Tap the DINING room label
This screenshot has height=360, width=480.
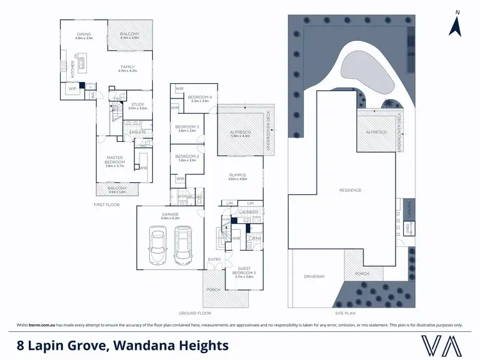84,35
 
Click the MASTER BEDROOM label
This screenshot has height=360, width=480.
116,160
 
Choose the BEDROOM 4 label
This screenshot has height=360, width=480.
200,98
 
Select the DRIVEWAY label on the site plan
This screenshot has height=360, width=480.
315,277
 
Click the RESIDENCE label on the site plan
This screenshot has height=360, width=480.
351,190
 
